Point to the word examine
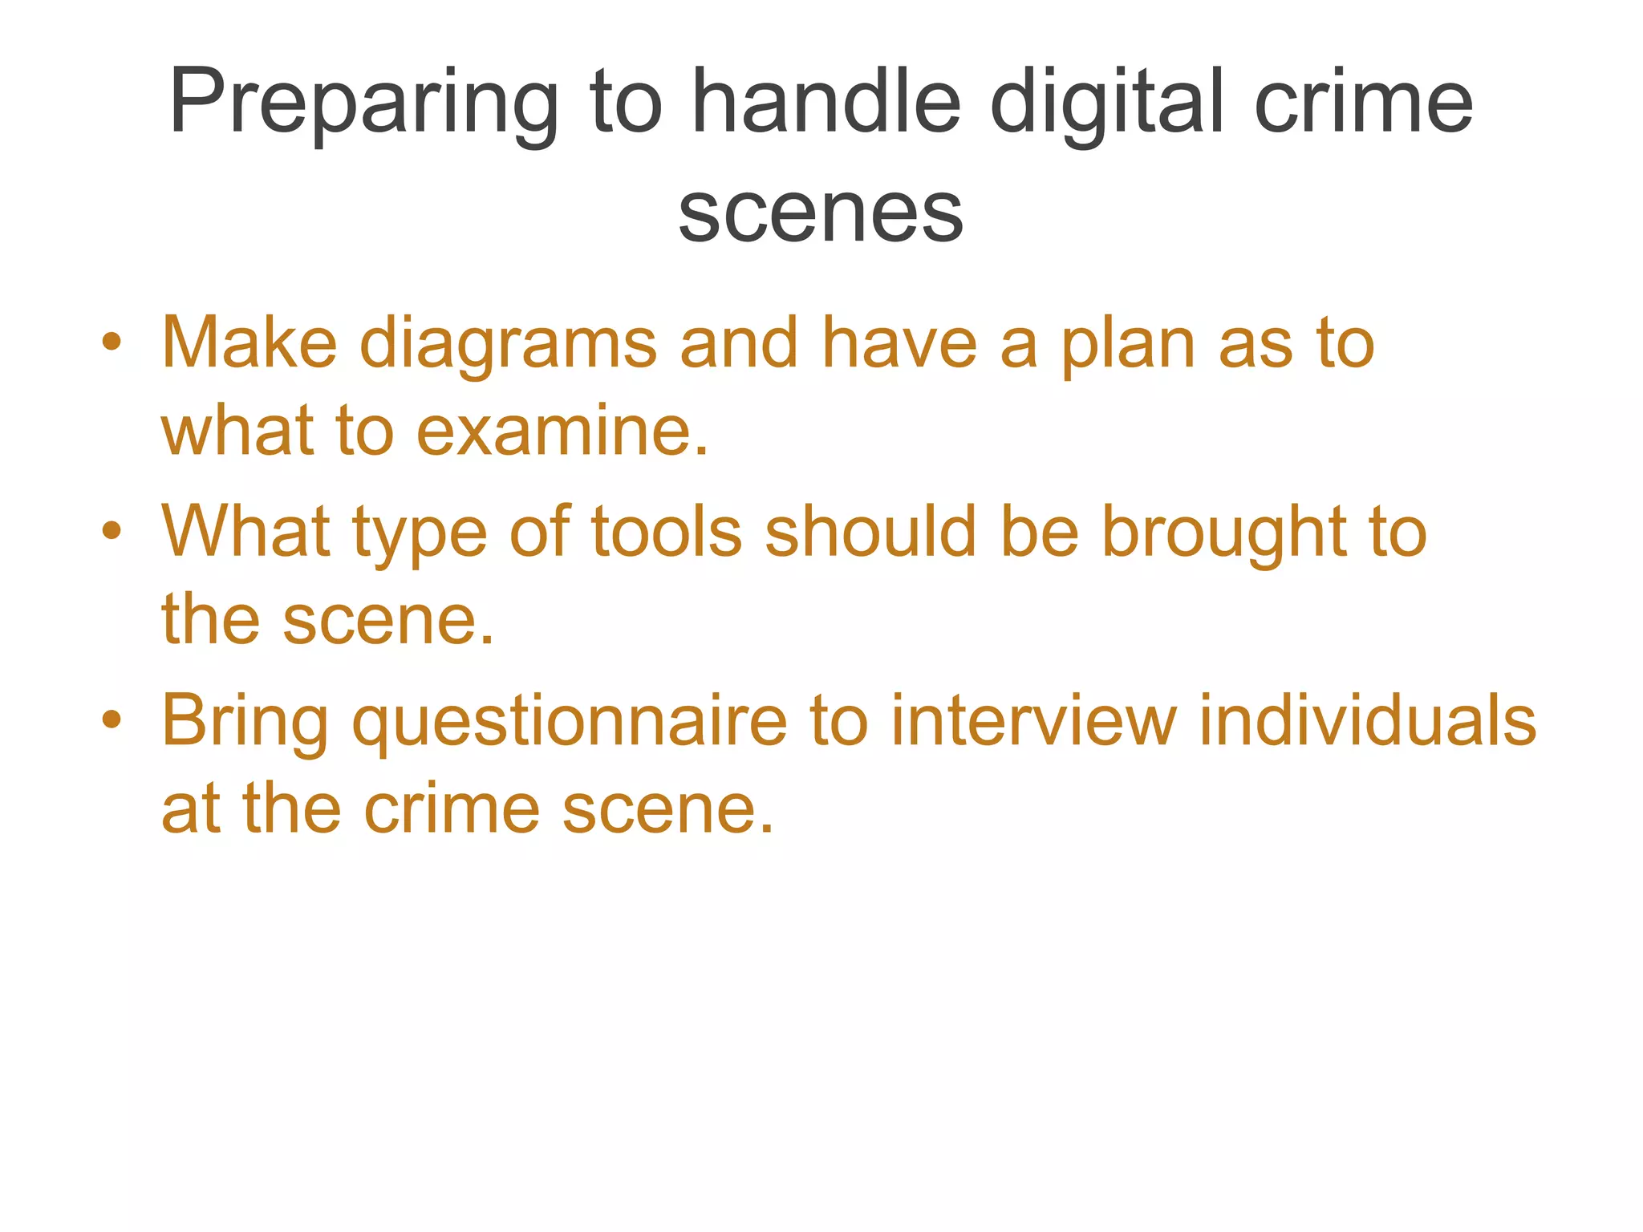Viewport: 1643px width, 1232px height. coord(562,431)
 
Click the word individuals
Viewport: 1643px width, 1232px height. coord(1367,719)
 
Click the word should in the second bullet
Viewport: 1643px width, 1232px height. coord(870,531)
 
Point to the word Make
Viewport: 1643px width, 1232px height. coord(249,343)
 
